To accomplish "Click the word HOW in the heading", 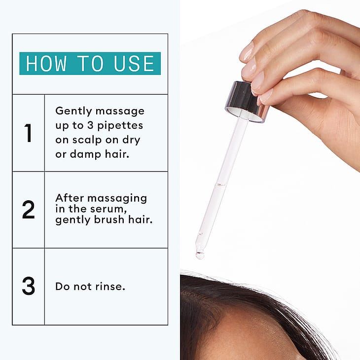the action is [46, 63].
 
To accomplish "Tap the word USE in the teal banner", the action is [134, 63].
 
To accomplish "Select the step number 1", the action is [28, 133].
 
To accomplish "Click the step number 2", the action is [28, 210].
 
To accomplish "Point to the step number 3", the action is [29, 286].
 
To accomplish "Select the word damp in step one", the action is [85, 154].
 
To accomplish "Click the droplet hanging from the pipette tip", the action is [200, 255].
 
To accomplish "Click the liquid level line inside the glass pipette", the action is [220, 184].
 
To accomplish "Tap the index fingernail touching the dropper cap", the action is [258, 84].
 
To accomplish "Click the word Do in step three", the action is [63, 287].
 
